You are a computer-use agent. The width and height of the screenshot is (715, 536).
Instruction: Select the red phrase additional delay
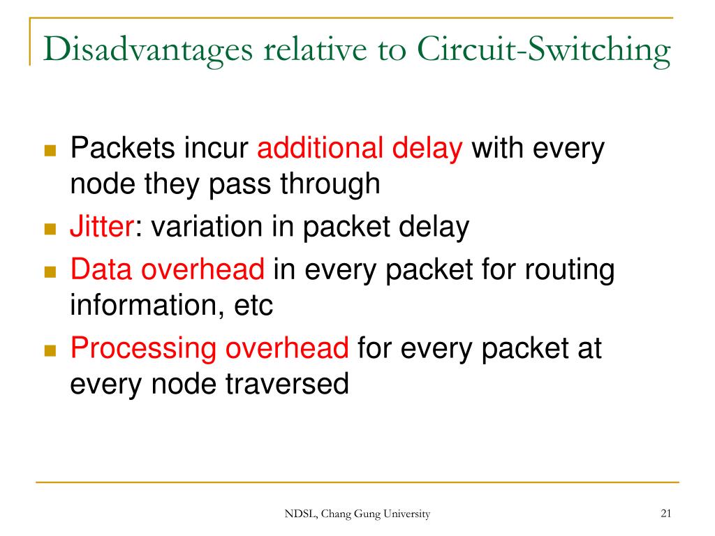coord(360,149)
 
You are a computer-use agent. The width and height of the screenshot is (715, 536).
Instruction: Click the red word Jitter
coord(101,228)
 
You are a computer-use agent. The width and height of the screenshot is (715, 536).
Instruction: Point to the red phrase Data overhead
coord(168,269)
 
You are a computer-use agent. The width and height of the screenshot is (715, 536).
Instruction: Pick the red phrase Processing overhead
coord(209,348)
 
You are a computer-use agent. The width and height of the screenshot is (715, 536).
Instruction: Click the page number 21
coord(665,514)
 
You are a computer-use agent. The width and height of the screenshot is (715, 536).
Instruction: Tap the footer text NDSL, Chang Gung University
coord(357,514)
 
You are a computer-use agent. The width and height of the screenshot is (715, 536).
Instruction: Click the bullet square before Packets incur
coord(50,151)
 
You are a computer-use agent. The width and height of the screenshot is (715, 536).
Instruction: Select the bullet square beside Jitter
coord(50,229)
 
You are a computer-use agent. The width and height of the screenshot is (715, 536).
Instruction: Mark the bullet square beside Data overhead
coord(50,271)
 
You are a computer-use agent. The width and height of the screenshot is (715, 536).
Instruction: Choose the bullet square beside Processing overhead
coord(50,350)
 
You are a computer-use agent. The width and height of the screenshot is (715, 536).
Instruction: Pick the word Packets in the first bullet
coord(121,149)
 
